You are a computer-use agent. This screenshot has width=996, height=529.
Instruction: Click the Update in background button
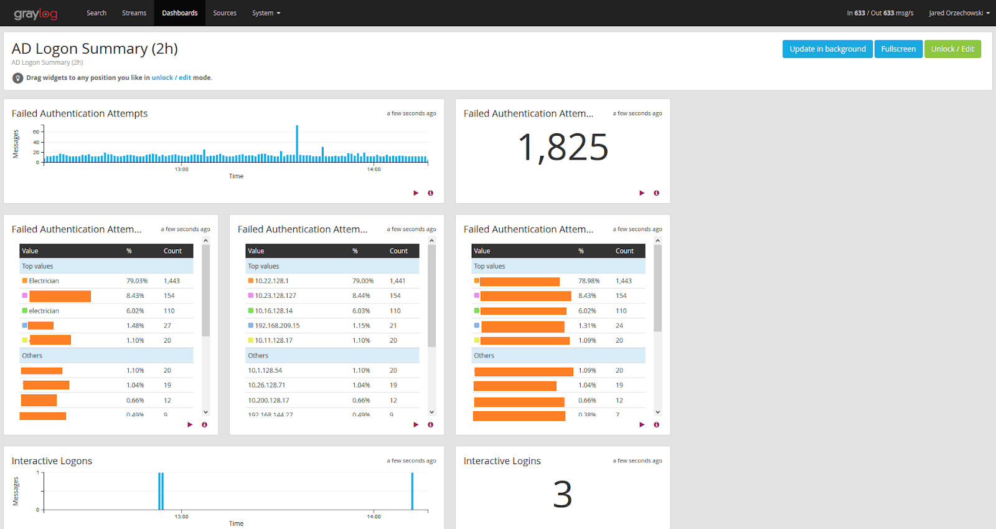pyautogui.click(x=827, y=49)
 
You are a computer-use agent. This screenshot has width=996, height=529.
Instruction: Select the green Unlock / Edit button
pyautogui.click(x=952, y=49)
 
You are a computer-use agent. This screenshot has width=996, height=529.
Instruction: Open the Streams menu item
pyautogui.click(x=134, y=13)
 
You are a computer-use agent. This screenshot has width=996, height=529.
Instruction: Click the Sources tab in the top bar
pyautogui.click(x=225, y=13)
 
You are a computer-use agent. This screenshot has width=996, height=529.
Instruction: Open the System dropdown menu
pyautogui.click(x=266, y=13)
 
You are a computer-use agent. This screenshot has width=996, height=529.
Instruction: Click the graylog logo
pyautogui.click(x=35, y=14)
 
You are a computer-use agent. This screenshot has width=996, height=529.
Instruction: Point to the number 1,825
pyautogui.click(x=563, y=148)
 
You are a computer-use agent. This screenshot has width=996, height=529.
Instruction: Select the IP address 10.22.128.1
pyautogui.click(x=271, y=281)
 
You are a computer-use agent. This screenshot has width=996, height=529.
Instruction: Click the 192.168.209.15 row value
pyautogui.click(x=277, y=326)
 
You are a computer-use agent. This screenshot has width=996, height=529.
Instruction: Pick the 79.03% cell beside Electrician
pyautogui.click(x=137, y=281)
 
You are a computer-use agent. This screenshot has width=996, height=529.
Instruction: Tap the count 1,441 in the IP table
pyautogui.click(x=397, y=281)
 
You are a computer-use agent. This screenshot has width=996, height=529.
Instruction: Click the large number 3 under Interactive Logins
pyautogui.click(x=562, y=495)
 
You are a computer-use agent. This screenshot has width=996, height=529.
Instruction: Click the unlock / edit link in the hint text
pyautogui.click(x=171, y=78)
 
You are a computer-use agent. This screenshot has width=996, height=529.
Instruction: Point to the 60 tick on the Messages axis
pyautogui.click(x=36, y=131)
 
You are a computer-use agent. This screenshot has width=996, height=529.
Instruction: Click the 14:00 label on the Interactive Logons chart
pyautogui.click(x=374, y=517)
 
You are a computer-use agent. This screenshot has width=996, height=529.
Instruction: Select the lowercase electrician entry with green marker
pyautogui.click(x=44, y=311)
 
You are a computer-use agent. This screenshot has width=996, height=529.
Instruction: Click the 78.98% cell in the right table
pyautogui.click(x=589, y=281)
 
